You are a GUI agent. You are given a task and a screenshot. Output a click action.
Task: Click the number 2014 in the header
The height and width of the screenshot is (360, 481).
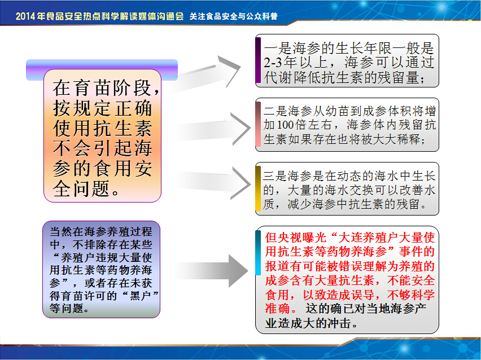click(25, 16)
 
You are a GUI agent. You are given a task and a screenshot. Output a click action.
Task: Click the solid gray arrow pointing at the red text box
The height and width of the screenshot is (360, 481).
click(212, 271)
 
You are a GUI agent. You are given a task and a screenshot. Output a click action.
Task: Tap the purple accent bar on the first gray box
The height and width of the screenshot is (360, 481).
click(258, 60)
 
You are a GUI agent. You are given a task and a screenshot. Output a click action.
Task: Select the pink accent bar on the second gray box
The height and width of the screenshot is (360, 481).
click(258, 124)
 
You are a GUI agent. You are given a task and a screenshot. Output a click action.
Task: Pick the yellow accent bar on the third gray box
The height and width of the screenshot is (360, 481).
click(258, 188)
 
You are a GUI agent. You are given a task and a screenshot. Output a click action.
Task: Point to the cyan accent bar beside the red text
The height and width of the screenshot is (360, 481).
click(258, 253)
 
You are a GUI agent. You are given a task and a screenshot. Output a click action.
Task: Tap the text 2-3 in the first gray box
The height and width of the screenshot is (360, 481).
click(273, 62)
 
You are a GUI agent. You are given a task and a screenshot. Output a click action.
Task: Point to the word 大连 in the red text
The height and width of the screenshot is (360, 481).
click(351, 237)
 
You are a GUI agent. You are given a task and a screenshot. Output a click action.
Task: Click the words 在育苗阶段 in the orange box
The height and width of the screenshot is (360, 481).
click(102, 88)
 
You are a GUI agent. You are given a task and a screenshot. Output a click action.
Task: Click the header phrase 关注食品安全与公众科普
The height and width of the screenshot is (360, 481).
click(234, 16)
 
